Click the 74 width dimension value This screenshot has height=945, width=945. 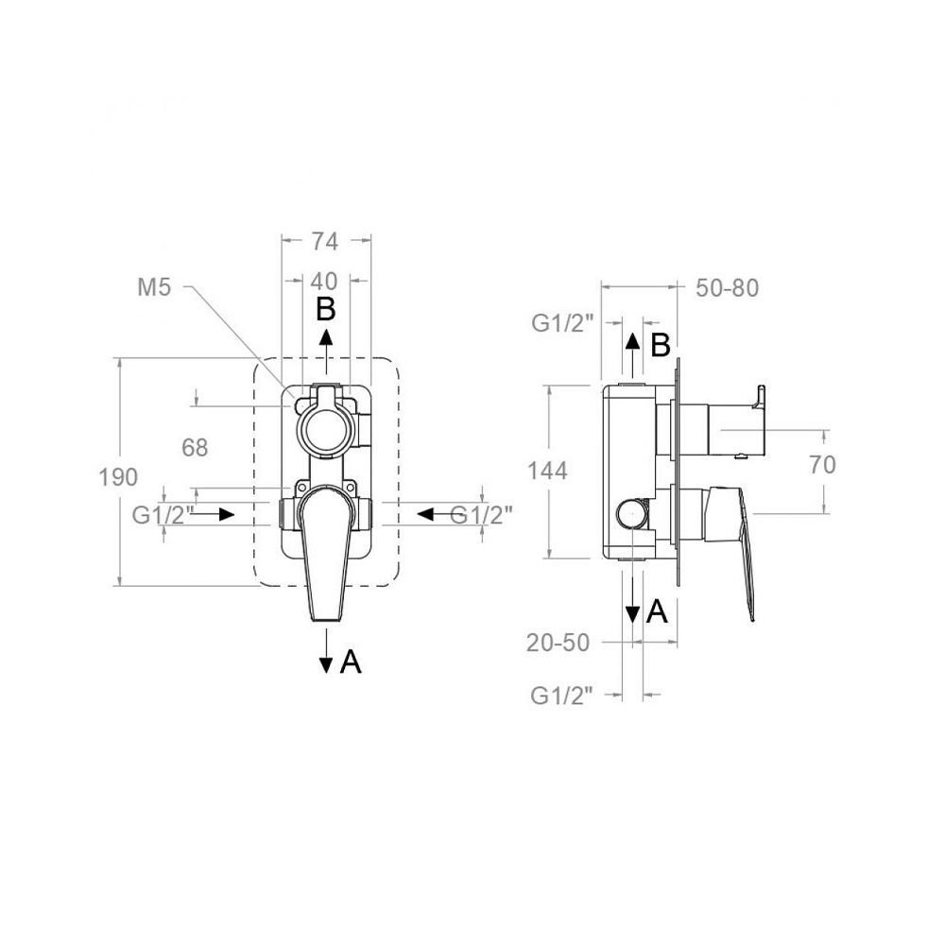tap(325, 241)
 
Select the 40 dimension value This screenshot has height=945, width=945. tap(324, 281)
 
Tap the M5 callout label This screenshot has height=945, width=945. tap(154, 287)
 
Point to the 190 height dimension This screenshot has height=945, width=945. tap(118, 477)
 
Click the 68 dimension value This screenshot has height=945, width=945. tap(195, 448)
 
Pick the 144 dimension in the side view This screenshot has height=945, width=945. tap(547, 471)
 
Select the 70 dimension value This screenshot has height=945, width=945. tap(823, 465)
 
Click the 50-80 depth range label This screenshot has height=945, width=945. tap(727, 288)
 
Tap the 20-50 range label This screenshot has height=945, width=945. tap(558, 643)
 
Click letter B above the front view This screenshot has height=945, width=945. tap(325, 310)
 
